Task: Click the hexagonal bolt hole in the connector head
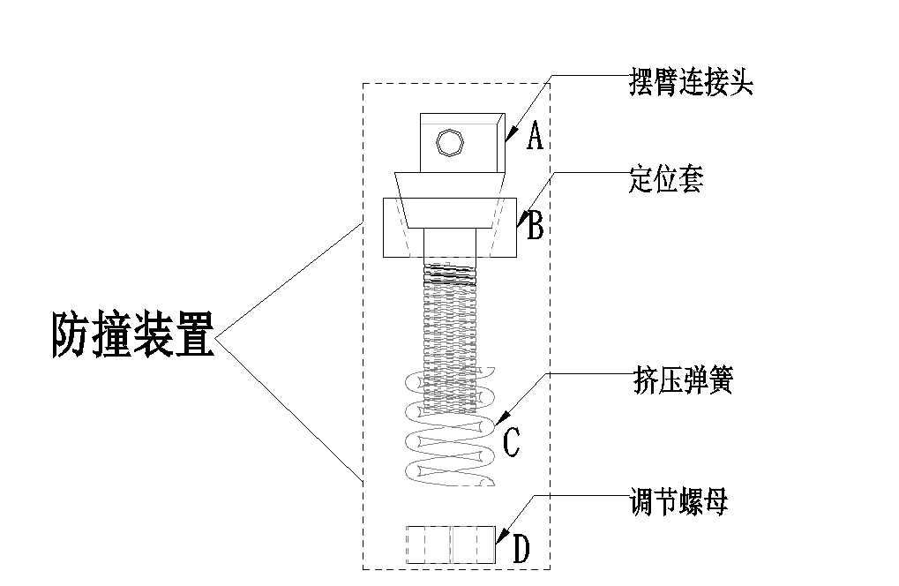tap(450, 142)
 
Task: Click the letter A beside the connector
tap(534, 137)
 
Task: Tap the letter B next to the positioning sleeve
tap(535, 226)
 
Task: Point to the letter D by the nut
tap(521, 549)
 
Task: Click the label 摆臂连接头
tap(691, 83)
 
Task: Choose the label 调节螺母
tap(678, 503)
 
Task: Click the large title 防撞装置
tap(132, 335)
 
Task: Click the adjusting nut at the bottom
tap(450, 545)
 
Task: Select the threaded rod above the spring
tap(450, 318)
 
